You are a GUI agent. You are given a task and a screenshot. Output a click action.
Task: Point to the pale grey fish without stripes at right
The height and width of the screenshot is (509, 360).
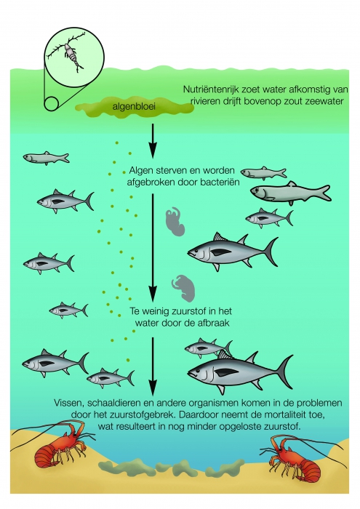click(284, 192)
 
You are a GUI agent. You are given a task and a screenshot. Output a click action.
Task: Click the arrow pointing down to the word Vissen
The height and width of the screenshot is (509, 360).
click(153, 364)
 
